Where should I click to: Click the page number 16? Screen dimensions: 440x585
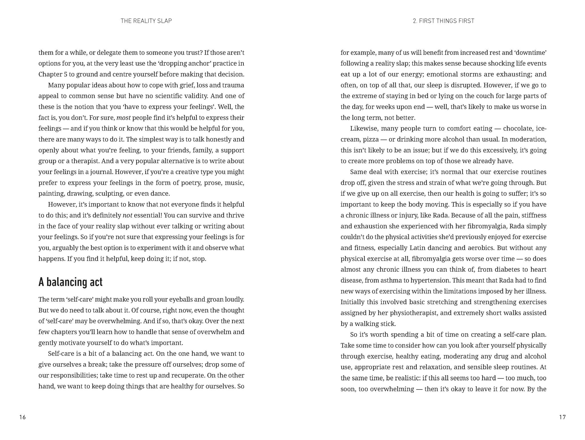[x=23, y=417]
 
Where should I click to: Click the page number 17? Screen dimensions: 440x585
[x=562, y=417]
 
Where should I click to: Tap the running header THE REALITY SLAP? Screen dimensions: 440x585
[x=146, y=21]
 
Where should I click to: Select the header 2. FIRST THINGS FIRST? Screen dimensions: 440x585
[x=443, y=21]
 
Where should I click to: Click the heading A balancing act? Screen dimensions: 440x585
[x=70, y=282]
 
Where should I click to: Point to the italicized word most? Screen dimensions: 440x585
[x=123, y=118]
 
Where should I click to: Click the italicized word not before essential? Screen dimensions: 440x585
[x=127, y=215]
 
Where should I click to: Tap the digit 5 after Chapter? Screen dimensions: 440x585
[x=65, y=74]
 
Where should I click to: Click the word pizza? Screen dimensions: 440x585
[x=371, y=139]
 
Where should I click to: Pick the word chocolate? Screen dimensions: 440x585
[x=518, y=128]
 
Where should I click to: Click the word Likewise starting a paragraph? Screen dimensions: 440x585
[x=362, y=128]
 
